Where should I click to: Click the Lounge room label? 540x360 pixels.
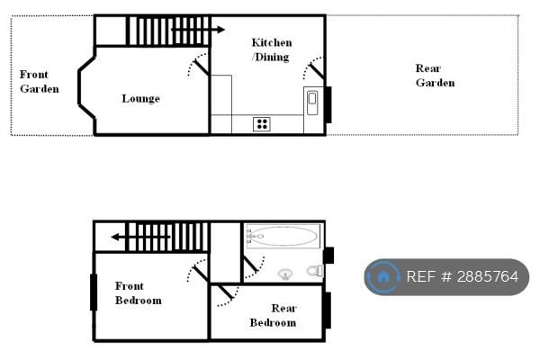pos(141,99)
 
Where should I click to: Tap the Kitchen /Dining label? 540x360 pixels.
pos(272,49)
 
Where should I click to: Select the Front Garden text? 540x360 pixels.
pos(40,82)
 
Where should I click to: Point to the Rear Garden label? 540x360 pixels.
pos(435,76)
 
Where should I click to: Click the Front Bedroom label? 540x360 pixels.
pos(138,293)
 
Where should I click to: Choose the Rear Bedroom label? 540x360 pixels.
pos(273,315)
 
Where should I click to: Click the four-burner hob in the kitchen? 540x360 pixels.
pos(262,124)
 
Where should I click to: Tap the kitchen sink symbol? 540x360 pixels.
pos(312,103)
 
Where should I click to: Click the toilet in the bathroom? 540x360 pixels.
pos(314,271)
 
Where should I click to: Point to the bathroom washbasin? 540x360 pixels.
pos(285,274)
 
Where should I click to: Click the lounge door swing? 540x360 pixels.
pos(198,65)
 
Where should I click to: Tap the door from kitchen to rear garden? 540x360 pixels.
pos(313,68)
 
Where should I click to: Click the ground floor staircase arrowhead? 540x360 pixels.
pos(220,30)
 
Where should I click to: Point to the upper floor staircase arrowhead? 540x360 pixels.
pos(115,237)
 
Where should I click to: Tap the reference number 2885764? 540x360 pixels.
pos(463,276)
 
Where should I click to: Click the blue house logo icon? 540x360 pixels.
pos(382,276)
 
